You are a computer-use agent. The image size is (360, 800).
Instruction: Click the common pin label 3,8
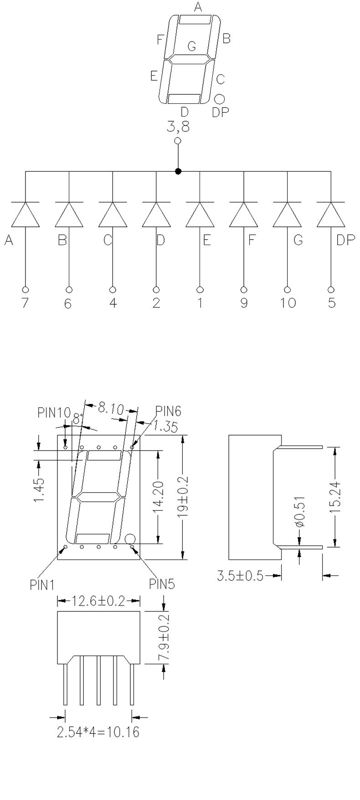point(178,127)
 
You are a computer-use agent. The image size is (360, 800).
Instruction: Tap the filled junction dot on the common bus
point(178,171)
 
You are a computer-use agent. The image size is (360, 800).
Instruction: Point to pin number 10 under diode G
point(288,303)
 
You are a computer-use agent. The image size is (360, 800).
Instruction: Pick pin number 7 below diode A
point(25,303)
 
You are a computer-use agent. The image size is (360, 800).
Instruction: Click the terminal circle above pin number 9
point(244,289)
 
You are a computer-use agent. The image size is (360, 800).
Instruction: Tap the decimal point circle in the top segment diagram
point(220,98)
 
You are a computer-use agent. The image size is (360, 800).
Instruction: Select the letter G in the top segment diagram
point(191,46)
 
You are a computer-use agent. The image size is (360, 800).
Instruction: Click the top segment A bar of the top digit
point(195,19)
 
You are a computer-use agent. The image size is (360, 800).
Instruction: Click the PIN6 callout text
point(168,411)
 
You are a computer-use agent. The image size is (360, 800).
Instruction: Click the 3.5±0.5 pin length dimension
point(240,576)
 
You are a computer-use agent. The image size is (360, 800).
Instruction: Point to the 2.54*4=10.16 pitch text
point(98,733)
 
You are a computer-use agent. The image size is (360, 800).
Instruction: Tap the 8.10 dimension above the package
point(111,407)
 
